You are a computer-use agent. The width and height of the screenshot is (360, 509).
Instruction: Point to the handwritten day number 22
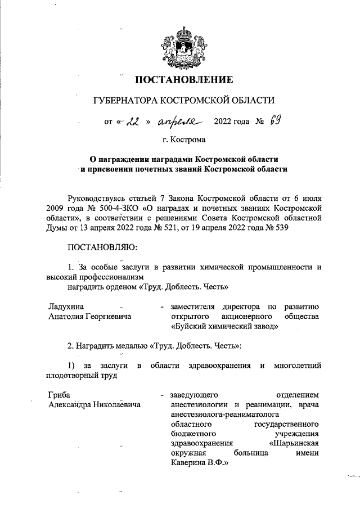(x=132, y=121)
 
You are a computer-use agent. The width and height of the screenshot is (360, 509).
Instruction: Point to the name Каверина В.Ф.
(x=197, y=465)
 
